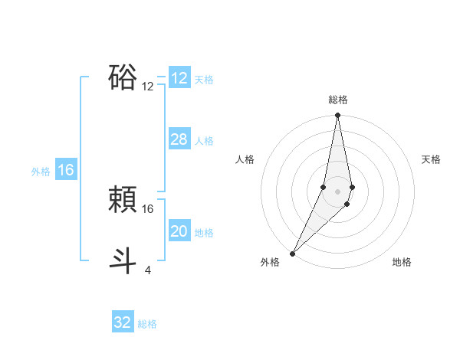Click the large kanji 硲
coord(123,78)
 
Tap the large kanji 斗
coord(123,261)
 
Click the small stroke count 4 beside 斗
coord(147,270)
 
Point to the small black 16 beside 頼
coord(148,208)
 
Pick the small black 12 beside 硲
coord(148,87)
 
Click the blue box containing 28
coord(179,139)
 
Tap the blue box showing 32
coord(123,322)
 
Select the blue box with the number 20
coord(179,231)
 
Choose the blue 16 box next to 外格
coord(66,170)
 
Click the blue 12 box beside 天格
coord(179,78)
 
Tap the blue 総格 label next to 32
coord(147,324)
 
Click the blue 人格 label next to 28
coord(204,141)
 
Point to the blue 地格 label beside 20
coord(204,233)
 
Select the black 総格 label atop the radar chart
coord(337,100)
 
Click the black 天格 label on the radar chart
coord(432,159)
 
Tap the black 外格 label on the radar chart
coord(269,262)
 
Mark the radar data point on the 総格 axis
coord(337,116)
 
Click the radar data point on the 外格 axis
coord(293,253)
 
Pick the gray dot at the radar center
coord(337,191)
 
